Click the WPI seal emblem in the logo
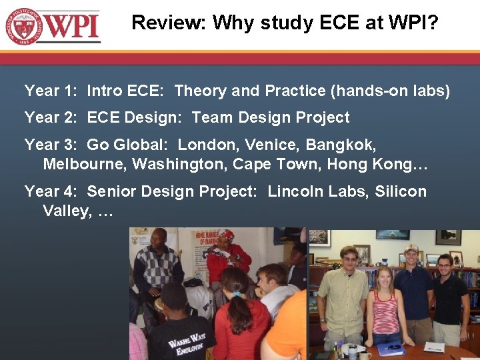point(23,26)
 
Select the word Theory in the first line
point(201,91)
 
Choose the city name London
point(207,145)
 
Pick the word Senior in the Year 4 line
point(111,191)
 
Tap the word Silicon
point(400,191)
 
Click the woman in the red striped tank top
point(385,307)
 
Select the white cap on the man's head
point(411,248)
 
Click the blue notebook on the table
point(391,348)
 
